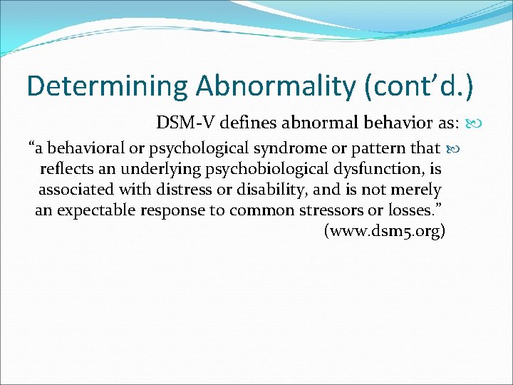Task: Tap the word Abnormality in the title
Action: coord(276,86)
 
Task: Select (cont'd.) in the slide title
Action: coord(418,86)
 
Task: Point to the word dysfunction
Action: coord(383,169)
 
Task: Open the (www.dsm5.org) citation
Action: coord(385,232)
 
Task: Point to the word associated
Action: coord(72,190)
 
